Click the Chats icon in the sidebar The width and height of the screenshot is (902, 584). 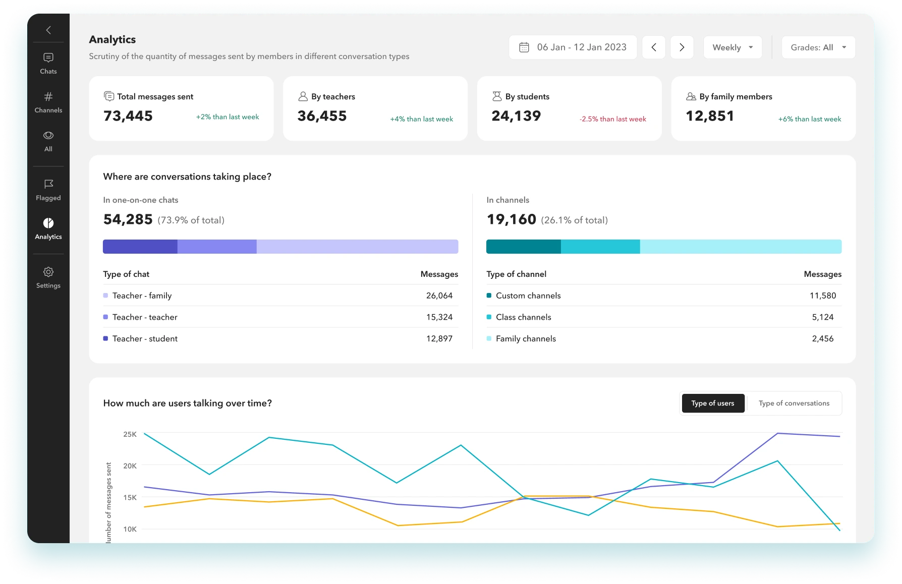pos(48,57)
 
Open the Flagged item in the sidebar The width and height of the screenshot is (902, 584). pos(48,190)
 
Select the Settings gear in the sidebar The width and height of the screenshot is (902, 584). pos(48,272)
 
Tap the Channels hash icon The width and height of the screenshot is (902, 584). pos(48,96)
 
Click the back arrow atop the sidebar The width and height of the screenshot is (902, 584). pos(48,30)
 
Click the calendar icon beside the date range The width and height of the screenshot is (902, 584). pos(524,47)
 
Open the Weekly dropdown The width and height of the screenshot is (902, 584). pos(732,47)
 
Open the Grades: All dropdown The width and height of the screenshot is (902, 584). pos(818,47)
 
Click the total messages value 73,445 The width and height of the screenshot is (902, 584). pos(128,116)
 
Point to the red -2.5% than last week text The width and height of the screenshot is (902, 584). pos(613,119)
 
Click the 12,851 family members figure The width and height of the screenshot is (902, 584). pos(710,116)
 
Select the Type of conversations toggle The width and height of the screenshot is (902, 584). pos(794,403)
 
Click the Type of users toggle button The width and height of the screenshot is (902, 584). pos(713,403)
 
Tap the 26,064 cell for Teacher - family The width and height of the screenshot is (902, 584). pos(439,296)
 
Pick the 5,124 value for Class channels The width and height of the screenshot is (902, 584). pos(823,317)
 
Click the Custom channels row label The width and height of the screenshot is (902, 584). pos(528,296)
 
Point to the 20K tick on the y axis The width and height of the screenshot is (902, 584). pos(130,466)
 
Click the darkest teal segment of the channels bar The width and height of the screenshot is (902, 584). pos(524,247)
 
